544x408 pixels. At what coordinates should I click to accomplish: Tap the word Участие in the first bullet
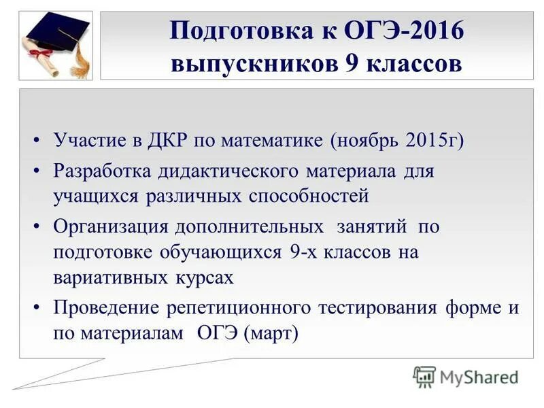(x=88, y=141)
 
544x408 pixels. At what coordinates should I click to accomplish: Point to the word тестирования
(x=377, y=307)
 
